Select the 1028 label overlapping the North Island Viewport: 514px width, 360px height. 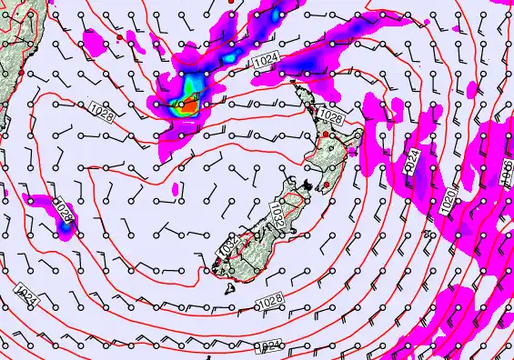coord(331,117)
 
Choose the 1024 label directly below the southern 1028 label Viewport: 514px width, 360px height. coord(269,345)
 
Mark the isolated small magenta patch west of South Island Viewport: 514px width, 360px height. coord(176,190)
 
